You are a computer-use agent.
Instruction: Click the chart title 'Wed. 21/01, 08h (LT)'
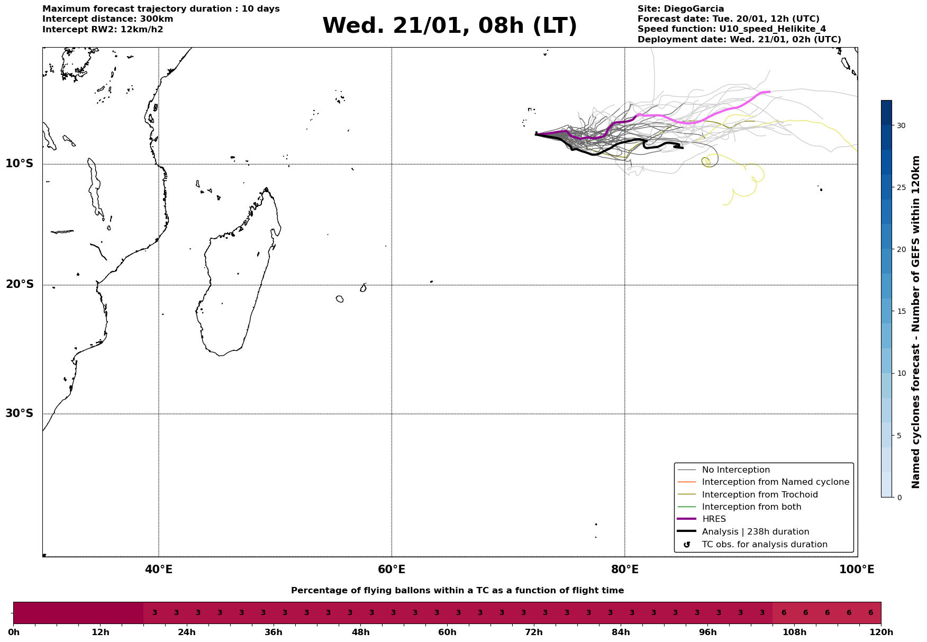(x=449, y=26)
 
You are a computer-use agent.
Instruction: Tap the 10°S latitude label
(x=20, y=164)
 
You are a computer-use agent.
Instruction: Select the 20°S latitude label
(x=20, y=285)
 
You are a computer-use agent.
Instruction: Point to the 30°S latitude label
(x=20, y=413)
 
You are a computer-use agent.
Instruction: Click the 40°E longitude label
(x=159, y=570)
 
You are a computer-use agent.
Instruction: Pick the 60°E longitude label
(x=392, y=570)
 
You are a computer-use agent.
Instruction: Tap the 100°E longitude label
(x=857, y=570)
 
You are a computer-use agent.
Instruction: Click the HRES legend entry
(x=714, y=519)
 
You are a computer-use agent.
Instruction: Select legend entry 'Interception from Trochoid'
(x=759, y=495)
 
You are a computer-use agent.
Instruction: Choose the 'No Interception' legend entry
(x=735, y=470)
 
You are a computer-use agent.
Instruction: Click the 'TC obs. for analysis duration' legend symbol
(x=687, y=545)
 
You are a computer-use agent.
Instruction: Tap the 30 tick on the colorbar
(x=901, y=125)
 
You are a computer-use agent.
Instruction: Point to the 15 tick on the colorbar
(x=901, y=311)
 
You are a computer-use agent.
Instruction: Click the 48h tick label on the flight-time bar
(x=360, y=632)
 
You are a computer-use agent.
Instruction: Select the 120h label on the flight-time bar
(x=881, y=632)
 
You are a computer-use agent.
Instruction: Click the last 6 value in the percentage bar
(x=870, y=613)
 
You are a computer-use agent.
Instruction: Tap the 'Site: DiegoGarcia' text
(x=680, y=9)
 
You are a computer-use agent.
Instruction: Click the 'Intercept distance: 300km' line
(x=107, y=19)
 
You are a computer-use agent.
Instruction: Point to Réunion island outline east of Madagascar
(x=340, y=299)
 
